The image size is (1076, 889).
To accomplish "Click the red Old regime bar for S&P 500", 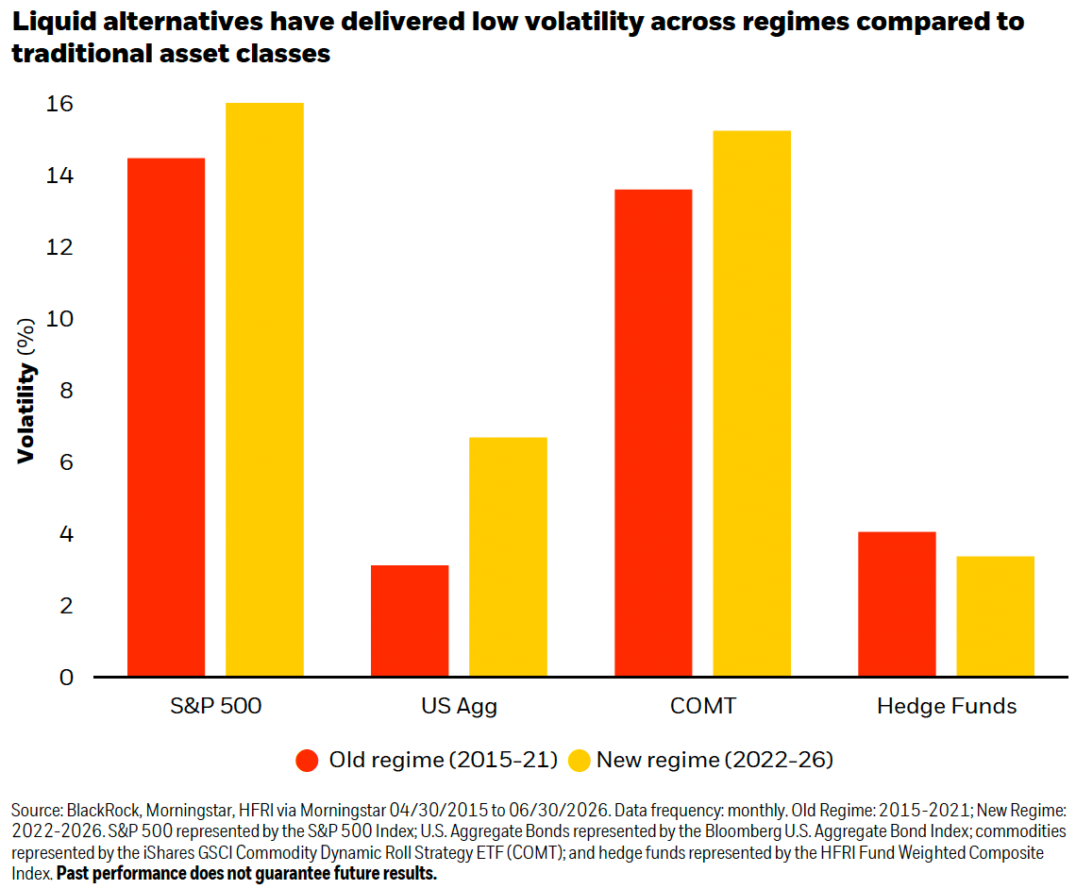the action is (x=166, y=417).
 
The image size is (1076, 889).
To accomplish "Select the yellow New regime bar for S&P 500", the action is (x=265, y=390).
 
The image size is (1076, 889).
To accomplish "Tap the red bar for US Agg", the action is (x=410, y=621).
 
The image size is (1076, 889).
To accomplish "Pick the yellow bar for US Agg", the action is (x=509, y=557).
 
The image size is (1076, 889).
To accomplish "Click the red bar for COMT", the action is (x=653, y=433).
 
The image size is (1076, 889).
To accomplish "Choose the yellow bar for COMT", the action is (x=752, y=403).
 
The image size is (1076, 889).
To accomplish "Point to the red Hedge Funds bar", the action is (x=897, y=604).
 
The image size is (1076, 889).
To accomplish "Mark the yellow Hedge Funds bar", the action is (x=996, y=616).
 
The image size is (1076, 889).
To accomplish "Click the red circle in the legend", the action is (x=307, y=761).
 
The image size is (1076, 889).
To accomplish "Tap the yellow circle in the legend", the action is (x=580, y=761).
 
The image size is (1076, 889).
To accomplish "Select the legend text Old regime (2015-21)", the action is (x=444, y=760).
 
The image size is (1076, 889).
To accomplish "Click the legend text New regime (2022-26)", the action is (x=715, y=760).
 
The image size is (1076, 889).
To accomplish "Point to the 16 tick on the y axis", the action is (x=59, y=104).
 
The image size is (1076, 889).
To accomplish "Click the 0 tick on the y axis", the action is (x=67, y=678).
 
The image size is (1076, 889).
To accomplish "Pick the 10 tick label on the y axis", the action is (x=59, y=319).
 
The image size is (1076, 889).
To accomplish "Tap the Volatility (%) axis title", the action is (x=26, y=391).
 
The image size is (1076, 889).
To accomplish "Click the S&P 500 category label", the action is (x=216, y=706).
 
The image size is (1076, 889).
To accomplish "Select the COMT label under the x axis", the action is (x=702, y=706).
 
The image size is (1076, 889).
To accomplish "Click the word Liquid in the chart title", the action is (x=55, y=22).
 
